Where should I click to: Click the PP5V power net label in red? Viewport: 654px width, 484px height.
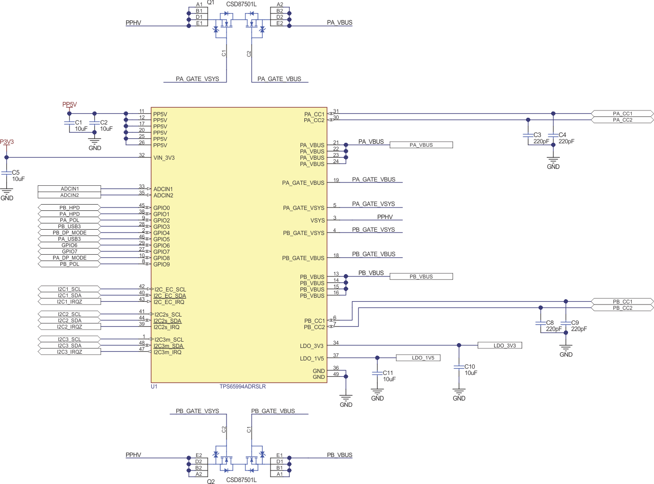tap(69, 104)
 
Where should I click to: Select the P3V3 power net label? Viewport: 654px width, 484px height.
tap(7, 142)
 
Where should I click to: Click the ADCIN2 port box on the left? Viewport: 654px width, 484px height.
tap(70, 195)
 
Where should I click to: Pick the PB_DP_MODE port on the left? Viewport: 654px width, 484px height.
tap(70, 233)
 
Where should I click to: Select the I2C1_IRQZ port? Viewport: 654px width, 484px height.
tap(70, 302)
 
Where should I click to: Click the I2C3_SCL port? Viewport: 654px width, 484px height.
tap(70, 339)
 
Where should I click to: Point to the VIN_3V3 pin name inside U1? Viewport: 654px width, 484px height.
tap(164, 158)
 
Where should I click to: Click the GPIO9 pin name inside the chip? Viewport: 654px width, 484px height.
tap(161, 264)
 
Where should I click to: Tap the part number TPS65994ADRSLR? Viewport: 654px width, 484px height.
tap(242, 387)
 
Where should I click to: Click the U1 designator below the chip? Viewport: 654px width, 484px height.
tap(154, 387)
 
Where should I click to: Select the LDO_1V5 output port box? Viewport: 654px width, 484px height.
tap(418, 358)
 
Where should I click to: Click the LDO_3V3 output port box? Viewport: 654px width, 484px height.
tap(499, 346)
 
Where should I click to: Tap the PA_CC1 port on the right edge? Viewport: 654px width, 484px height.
tap(622, 114)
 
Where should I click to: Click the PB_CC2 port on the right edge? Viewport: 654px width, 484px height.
tap(622, 308)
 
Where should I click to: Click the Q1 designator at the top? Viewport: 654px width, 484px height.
tap(211, 2)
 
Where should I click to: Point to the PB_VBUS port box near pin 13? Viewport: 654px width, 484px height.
tap(421, 277)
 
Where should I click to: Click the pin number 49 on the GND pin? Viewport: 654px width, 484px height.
tap(336, 374)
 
